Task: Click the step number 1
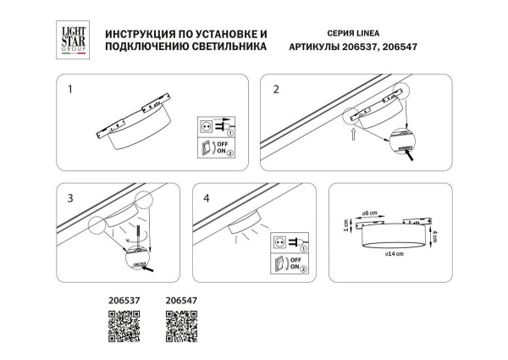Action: pos(71,88)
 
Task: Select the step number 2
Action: pos(276,88)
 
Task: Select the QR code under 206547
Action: pos(180,326)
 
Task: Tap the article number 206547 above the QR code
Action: pos(180,299)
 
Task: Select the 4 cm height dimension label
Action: pos(433,236)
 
